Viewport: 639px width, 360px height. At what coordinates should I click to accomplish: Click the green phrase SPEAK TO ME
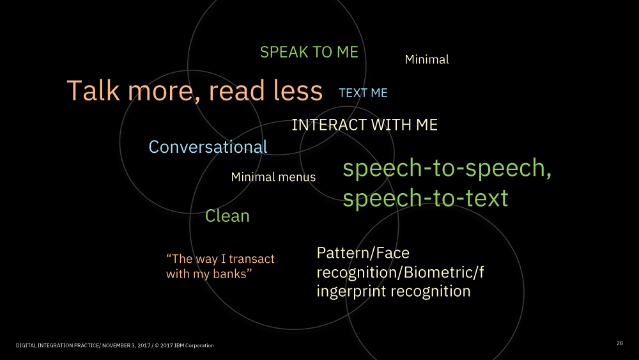(x=309, y=52)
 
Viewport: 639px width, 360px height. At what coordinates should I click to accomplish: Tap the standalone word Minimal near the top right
(x=427, y=59)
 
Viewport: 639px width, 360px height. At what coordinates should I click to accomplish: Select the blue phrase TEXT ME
(x=363, y=93)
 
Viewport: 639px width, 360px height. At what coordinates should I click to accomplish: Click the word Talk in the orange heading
(x=93, y=90)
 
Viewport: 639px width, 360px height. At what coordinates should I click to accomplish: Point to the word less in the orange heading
(x=298, y=90)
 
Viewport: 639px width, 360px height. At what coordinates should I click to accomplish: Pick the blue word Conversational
(x=208, y=147)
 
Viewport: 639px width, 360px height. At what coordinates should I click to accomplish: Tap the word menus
(x=297, y=177)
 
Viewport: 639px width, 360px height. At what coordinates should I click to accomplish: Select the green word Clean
(x=227, y=215)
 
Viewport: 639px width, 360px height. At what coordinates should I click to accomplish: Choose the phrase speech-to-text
(x=426, y=198)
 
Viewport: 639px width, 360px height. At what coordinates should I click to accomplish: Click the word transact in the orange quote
(x=251, y=259)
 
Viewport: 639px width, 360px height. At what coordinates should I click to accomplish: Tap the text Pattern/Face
(x=363, y=253)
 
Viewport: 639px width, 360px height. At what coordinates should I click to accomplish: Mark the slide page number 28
(x=619, y=343)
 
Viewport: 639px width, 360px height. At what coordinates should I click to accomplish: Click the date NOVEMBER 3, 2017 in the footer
(x=126, y=345)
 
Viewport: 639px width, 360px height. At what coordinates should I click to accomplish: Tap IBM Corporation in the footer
(x=194, y=345)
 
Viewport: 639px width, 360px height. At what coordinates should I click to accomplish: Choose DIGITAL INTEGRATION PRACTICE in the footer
(x=57, y=345)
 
